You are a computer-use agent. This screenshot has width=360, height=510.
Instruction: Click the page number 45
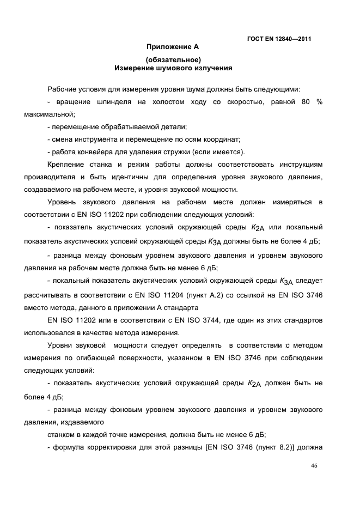[314, 466]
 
